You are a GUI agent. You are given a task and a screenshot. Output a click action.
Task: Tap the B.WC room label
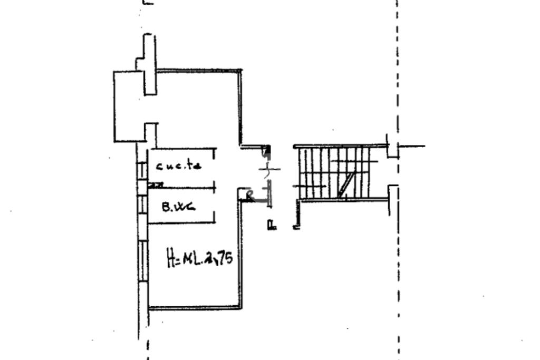coord(178,207)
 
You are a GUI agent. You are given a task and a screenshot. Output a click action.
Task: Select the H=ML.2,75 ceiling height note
coord(199,259)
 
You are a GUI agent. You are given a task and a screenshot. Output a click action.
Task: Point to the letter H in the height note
coord(171,260)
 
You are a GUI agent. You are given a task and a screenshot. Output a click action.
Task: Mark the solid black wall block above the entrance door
coord(267,150)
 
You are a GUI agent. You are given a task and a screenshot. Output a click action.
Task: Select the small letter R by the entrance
coord(250,197)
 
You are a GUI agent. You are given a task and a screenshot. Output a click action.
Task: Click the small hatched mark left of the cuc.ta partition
coord(156,185)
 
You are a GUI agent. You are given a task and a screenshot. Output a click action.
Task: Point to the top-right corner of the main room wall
coord(240,71)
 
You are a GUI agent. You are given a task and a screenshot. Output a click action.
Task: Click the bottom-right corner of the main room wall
coord(240,307)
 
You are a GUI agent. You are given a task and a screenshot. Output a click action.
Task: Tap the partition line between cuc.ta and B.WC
coord(182,187)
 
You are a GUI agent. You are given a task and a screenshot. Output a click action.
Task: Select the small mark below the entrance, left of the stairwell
coord(272,226)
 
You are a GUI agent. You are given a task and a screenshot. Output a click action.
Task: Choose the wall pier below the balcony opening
coord(150,134)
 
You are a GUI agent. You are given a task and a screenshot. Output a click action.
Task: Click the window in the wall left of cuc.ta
coord(142,170)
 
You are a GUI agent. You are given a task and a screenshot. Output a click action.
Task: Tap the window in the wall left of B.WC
coord(142,205)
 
